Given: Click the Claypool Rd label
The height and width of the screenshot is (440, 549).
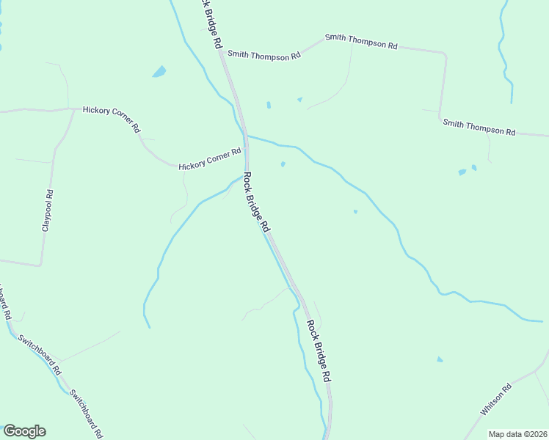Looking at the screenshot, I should tap(47, 211).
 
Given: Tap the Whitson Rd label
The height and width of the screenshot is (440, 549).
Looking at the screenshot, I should tap(497, 400).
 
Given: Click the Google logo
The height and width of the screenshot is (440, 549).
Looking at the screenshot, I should tap(24, 431).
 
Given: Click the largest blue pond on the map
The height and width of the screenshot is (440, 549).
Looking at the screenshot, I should tap(159, 72).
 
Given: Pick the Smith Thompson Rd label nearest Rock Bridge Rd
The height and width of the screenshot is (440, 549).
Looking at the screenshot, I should tap(263, 55).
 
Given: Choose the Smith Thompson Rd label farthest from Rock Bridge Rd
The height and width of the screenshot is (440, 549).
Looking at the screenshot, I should tap(479, 126).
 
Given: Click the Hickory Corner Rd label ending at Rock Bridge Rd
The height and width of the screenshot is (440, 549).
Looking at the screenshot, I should tap(210, 161).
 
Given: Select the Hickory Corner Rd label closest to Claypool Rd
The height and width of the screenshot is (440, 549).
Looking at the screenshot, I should tap(112, 117).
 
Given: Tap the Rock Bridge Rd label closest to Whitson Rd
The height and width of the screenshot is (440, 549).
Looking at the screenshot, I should tap(319, 351).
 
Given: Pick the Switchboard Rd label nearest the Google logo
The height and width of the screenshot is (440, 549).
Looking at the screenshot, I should tap(85, 412).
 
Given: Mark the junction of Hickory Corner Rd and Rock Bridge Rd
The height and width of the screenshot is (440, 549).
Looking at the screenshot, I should tap(246, 156).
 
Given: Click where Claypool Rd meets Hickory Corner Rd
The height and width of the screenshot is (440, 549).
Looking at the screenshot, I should tap(72, 110).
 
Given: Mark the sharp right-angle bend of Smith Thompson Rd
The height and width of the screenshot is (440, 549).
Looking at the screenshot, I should tap(445, 54).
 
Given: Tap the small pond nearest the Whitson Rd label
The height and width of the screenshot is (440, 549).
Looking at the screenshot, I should tap(440, 359).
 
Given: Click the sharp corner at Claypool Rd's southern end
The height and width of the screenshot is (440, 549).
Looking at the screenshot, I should tap(41, 264).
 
